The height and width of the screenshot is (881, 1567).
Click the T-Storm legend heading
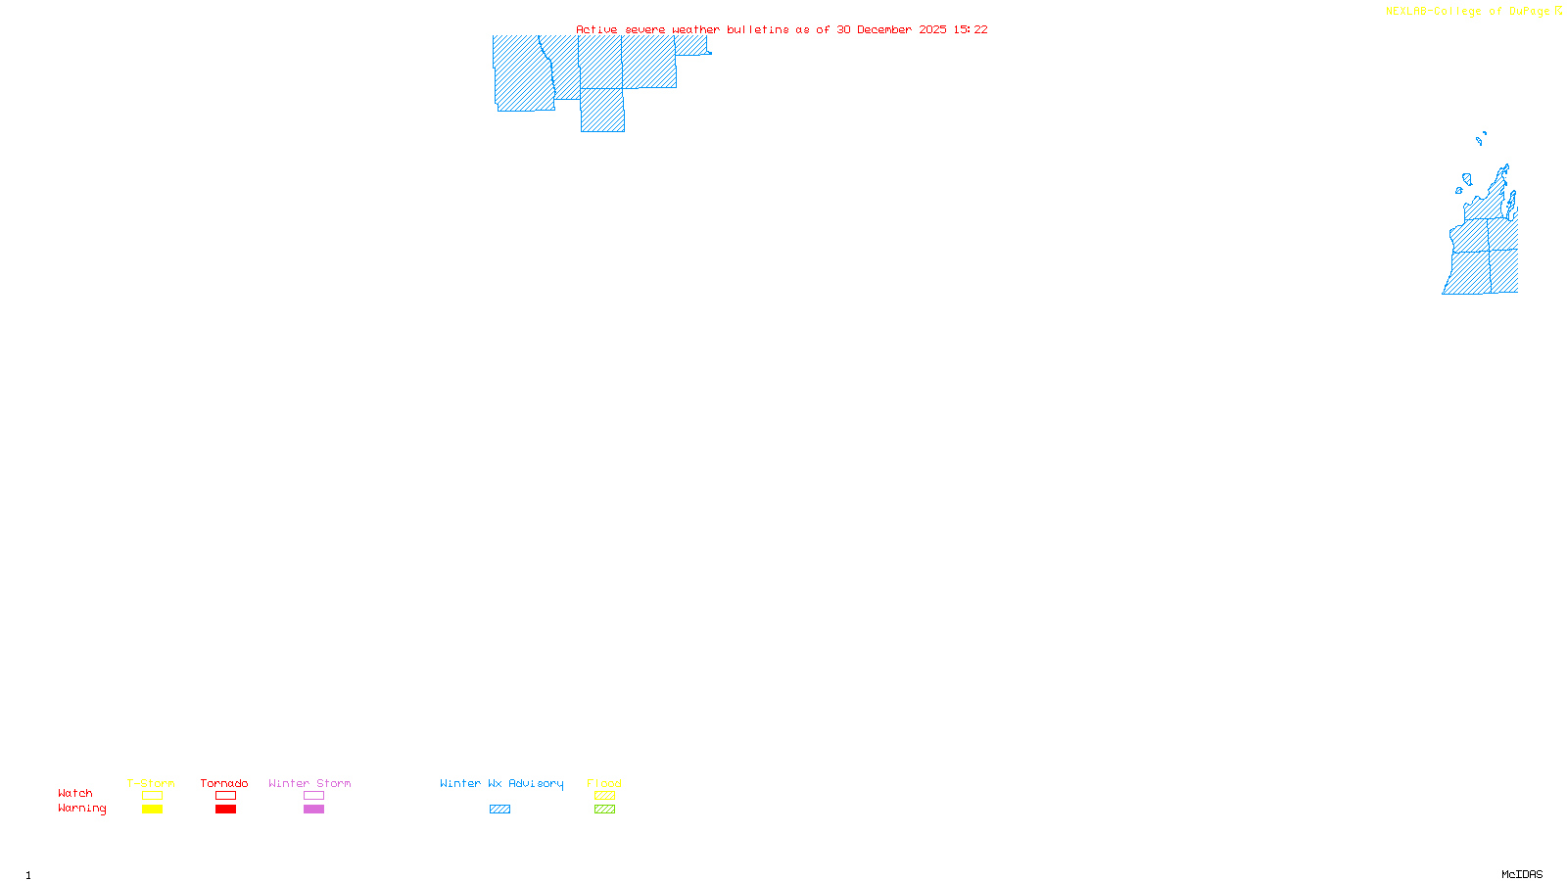(x=151, y=783)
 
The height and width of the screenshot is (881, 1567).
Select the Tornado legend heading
(x=224, y=783)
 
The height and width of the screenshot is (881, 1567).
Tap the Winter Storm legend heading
(x=309, y=783)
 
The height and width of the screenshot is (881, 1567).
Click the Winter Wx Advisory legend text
(x=501, y=783)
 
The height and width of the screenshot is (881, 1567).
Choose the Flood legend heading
(x=604, y=783)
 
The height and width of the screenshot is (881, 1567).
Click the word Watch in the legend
(x=75, y=793)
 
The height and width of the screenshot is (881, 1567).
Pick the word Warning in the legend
(x=82, y=809)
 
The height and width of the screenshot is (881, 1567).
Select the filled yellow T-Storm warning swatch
(x=152, y=810)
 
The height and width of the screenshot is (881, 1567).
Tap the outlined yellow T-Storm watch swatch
(x=152, y=796)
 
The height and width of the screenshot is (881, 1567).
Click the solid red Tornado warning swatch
(x=225, y=810)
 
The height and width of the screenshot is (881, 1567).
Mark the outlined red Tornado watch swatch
(x=225, y=796)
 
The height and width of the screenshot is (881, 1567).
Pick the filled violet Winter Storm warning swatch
(x=313, y=810)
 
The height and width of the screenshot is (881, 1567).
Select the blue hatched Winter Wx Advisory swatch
(x=499, y=810)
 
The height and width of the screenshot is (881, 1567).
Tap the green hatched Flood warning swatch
(x=604, y=810)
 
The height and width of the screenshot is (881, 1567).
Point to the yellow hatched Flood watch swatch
(x=604, y=796)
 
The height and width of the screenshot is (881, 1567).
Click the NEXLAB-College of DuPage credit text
(x=1468, y=12)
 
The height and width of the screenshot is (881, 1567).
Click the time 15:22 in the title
(x=971, y=29)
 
